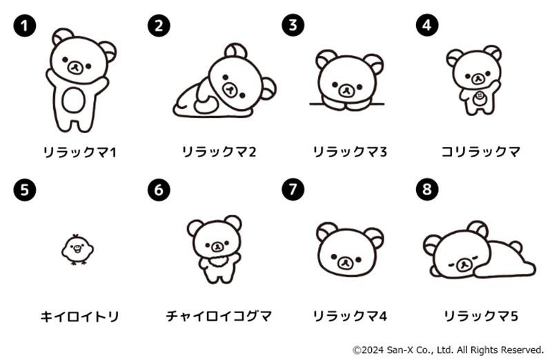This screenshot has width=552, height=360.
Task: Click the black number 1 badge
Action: point(25,25)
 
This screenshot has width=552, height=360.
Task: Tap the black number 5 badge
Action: point(25,190)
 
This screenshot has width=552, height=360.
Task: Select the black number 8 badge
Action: point(427,189)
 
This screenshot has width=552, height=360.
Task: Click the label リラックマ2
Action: point(219,152)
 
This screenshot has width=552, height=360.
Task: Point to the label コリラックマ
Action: point(481,152)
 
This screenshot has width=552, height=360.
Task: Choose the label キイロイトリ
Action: point(79,317)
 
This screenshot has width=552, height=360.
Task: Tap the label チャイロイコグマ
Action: point(219,316)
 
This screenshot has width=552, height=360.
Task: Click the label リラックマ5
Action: point(481,316)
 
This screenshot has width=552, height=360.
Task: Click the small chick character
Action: point(77,250)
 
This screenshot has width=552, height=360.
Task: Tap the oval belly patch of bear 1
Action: point(74,100)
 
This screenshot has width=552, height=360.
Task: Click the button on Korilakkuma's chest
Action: point(478,96)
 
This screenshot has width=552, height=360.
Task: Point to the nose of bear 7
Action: point(346,263)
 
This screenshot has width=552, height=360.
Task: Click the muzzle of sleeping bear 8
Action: point(464,265)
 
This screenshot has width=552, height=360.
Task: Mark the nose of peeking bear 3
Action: point(346,90)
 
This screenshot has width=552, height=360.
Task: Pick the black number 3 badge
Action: point(293,25)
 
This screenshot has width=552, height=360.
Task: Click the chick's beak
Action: point(77,249)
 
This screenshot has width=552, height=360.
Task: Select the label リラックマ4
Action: point(350,316)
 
